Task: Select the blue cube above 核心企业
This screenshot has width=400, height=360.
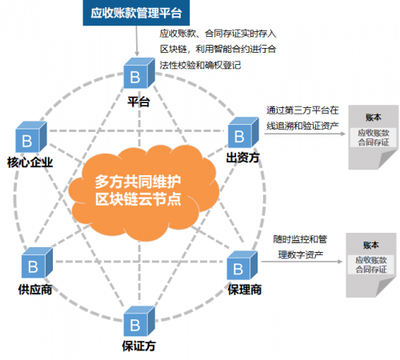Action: pos(30,138)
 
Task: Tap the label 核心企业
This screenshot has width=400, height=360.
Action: pos(29,162)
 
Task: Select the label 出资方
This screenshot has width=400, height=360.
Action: pos(243,158)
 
